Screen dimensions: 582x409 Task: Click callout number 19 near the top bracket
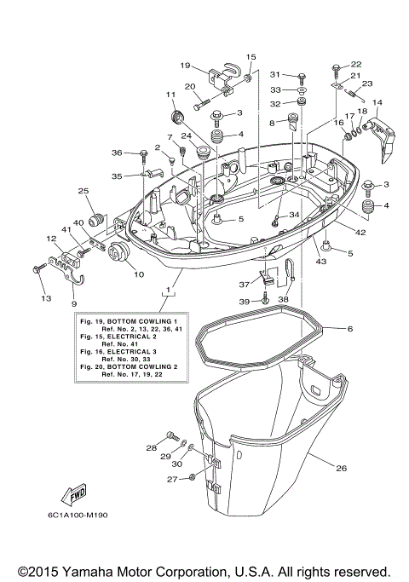(185, 65)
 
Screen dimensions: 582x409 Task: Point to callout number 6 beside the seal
(349, 328)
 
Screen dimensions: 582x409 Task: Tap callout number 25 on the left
(84, 191)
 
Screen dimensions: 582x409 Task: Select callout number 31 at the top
(275, 74)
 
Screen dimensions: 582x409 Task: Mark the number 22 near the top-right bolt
(355, 65)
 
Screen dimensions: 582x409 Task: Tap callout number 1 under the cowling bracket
(169, 291)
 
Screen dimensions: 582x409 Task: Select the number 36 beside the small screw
(117, 153)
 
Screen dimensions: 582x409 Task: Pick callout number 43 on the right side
(321, 261)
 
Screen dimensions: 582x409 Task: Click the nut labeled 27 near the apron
(193, 477)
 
